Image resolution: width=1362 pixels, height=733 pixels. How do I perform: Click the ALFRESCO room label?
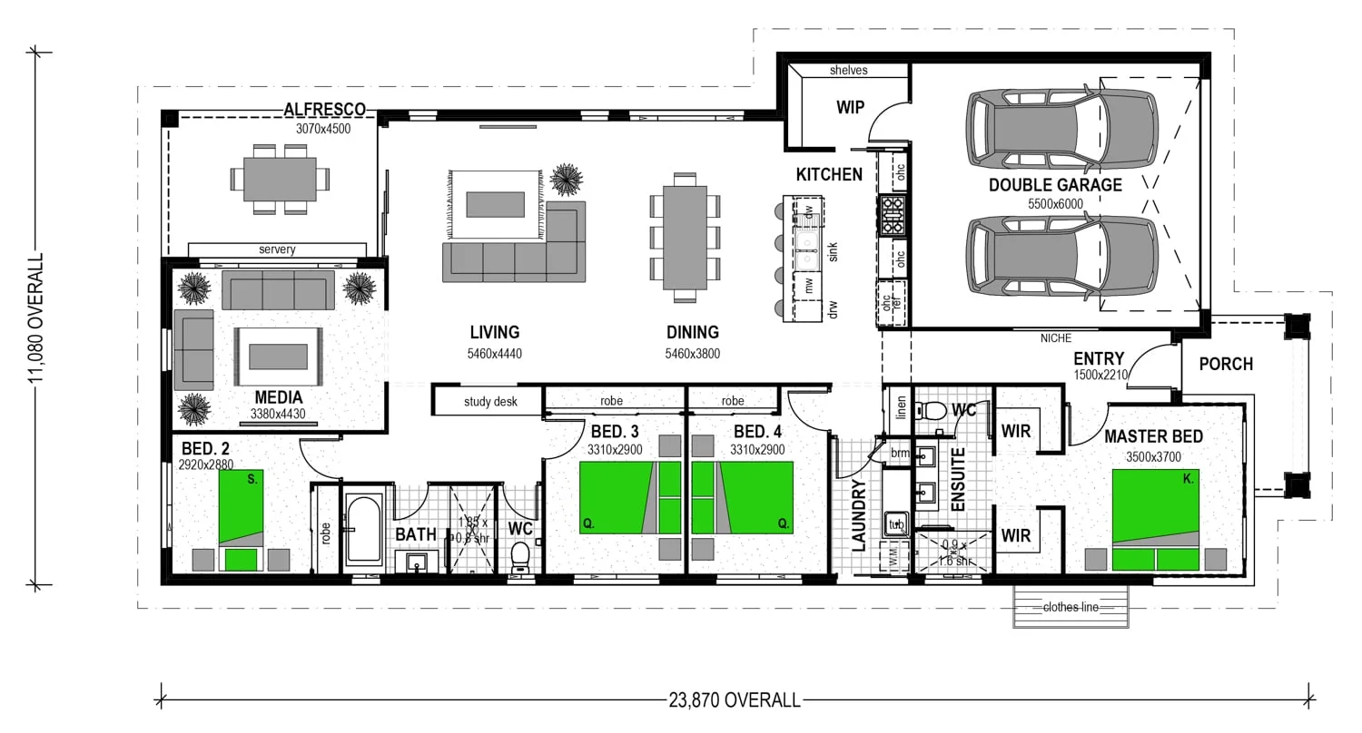pyautogui.click(x=324, y=110)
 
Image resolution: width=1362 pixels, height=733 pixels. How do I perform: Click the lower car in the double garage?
pyautogui.click(x=1061, y=256)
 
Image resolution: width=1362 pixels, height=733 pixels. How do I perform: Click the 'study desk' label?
pyautogui.click(x=490, y=401)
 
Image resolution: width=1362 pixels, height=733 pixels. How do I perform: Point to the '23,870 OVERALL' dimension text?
pyautogui.click(x=735, y=699)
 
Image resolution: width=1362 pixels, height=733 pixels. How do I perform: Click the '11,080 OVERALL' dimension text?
pyautogui.click(x=37, y=318)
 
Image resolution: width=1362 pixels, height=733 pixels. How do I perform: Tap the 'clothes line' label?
pyautogui.click(x=1071, y=607)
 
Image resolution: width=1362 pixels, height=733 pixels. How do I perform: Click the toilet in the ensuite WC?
pyautogui.click(x=929, y=411)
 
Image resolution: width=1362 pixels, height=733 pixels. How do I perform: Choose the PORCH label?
pyautogui.click(x=1225, y=364)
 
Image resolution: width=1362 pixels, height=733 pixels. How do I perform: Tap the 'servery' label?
pyautogui.click(x=277, y=249)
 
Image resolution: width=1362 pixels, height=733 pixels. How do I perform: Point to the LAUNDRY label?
pyautogui.click(x=860, y=516)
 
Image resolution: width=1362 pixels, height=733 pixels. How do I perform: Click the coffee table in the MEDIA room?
pyautogui.click(x=277, y=357)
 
